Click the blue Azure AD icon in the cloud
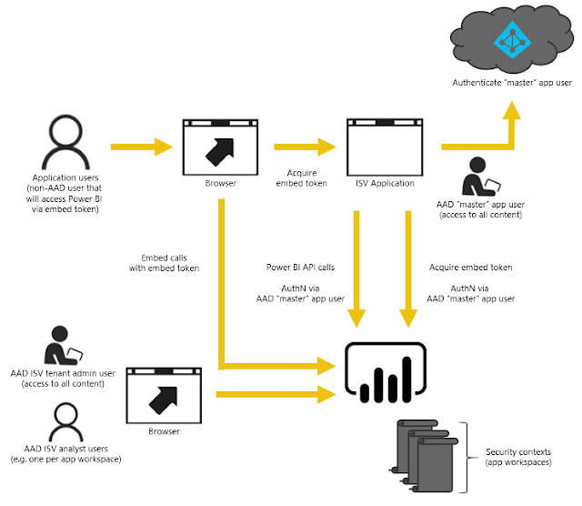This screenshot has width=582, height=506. click(510, 40)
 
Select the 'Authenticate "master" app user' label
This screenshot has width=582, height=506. click(512, 83)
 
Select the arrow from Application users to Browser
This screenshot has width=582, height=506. click(141, 146)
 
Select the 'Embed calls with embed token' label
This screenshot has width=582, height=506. click(164, 263)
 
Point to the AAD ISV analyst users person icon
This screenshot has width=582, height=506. click(63, 420)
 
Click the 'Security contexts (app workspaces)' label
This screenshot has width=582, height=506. click(519, 458)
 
